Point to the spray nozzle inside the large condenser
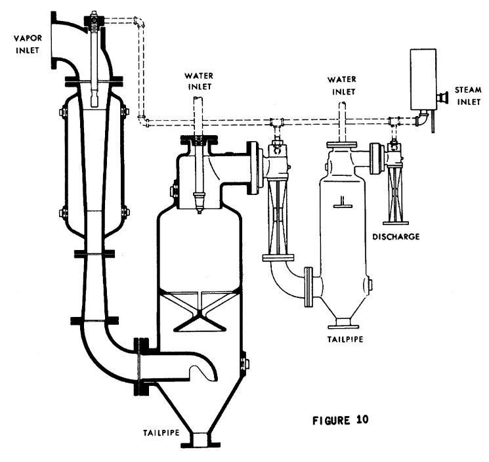click(x=197, y=197)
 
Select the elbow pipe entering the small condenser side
click(x=289, y=280)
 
